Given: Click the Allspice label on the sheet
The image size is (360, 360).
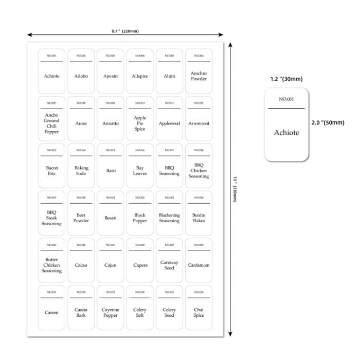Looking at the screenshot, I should (140, 76).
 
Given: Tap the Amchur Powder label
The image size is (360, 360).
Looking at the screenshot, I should (199, 76).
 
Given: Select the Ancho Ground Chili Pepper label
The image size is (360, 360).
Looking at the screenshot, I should (51, 123).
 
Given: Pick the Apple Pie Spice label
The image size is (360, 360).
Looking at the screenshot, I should (140, 123).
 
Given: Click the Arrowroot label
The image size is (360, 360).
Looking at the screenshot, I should (199, 123).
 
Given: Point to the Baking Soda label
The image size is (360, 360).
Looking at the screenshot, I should (81, 171).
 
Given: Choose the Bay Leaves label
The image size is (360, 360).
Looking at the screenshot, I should (140, 171).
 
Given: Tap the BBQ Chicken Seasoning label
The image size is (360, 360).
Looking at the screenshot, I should (199, 171).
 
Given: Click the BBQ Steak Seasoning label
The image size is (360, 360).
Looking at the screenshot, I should (51, 218).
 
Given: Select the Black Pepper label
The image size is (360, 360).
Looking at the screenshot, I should (140, 218).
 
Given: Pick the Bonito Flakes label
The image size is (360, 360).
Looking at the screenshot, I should (199, 218).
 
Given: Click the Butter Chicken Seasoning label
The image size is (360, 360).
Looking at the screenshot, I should (51, 265).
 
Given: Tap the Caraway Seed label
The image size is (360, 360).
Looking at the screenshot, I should (169, 265).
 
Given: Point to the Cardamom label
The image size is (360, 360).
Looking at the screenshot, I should (199, 265).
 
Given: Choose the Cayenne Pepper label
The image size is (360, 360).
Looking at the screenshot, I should (111, 313).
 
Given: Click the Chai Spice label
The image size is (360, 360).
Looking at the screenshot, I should (199, 313).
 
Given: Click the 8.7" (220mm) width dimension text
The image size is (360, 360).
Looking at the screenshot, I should (125, 31).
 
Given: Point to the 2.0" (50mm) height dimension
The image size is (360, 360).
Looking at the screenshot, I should (328, 123).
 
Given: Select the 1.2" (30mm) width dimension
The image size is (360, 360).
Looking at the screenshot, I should (286, 79).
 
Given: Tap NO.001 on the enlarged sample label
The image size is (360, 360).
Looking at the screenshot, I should (286, 99).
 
